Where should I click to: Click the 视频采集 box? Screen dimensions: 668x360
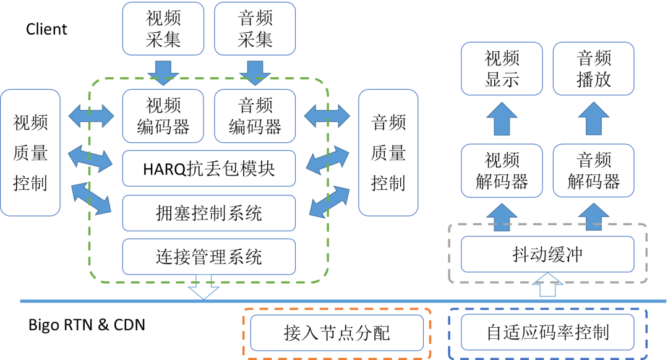point(163,28)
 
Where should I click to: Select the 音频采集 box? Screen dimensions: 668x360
point(255,28)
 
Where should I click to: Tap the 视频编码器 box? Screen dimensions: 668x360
point(163,116)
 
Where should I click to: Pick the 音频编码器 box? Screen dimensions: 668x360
point(255,116)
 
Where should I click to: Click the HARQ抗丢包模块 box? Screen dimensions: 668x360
point(209,169)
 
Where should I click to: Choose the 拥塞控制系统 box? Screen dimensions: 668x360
point(209,213)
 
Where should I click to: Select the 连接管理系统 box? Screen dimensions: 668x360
point(209,257)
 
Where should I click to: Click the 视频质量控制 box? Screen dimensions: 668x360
point(30,153)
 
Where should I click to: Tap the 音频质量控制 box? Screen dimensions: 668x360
point(388,153)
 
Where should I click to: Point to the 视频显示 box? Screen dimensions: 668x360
point(502,69)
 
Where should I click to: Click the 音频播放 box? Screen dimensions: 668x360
point(593,69)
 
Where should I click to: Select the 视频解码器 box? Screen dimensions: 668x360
point(502,171)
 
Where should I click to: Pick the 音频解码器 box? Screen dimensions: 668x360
point(593,171)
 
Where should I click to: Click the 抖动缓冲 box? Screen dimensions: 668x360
point(547,254)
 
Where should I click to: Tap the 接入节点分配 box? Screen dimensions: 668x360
point(337,333)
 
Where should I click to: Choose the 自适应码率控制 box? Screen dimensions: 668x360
point(547,332)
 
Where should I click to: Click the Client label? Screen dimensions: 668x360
point(46,29)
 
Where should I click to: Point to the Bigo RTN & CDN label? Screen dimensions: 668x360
point(87,325)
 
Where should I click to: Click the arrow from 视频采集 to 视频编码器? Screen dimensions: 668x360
point(163,73)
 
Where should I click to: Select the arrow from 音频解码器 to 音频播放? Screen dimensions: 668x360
point(593,118)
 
